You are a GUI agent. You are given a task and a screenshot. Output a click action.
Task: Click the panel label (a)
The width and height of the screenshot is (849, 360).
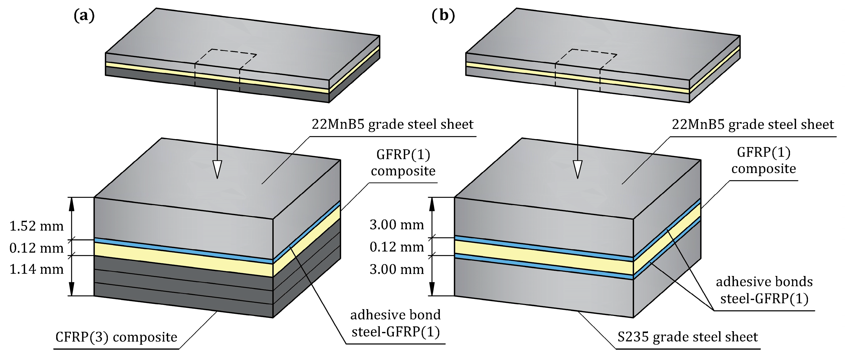[x=84, y=16]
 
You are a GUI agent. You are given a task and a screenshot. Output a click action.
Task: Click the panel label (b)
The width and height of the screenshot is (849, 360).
[x=443, y=16]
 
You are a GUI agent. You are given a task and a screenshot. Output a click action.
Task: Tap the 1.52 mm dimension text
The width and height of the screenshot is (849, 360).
[x=36, y=226]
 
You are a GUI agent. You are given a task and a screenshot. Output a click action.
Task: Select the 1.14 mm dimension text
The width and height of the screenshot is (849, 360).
[x=36, y=269]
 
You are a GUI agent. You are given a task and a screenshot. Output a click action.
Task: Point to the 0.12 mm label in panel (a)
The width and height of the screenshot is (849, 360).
[x=36, y=248]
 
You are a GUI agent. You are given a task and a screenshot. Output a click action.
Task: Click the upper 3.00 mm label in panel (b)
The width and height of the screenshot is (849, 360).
[x=397, y=225]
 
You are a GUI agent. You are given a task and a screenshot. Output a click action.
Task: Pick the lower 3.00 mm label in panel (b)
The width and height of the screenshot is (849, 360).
[x=397, y=269]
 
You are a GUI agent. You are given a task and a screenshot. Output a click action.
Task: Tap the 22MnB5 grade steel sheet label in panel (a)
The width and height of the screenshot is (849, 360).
[x=392, y=124]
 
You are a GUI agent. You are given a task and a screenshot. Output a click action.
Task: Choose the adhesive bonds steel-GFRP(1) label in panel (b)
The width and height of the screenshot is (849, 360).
[x=764, y=290]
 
